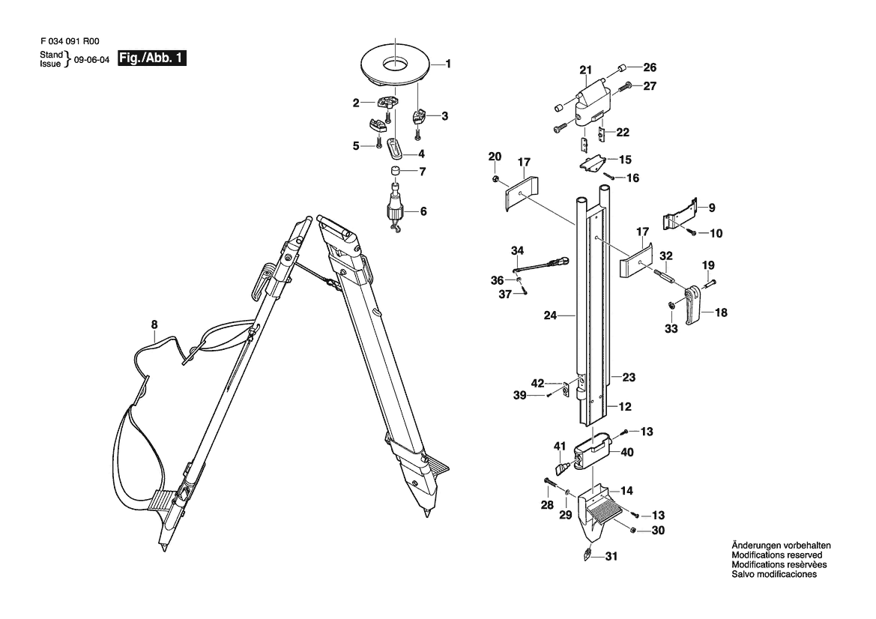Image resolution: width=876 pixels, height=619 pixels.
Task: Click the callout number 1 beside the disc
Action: pyautogui.click(x=448, y=64)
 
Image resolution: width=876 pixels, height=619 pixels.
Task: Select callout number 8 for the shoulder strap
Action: pyautogui.click(x=154, y=324)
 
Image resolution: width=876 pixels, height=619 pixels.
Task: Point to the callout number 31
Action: pyautogui.click(x=612, y=556)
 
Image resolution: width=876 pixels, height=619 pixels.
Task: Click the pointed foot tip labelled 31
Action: pyautogui.click(x=587, y=555)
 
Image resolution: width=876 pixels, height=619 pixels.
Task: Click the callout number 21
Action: pyautogui.click(x=585, y=70)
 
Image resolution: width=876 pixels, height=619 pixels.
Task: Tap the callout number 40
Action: pyautogui.click(x=626, y=452)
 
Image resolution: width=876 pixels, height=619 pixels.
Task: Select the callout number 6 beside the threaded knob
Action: pyautogui.click(x=423, y=211)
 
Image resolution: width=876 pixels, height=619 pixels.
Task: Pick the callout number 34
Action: pyautogui.click(x=516, y=250)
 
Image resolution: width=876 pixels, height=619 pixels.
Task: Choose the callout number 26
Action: pyautogui.click(x=649, y=66)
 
